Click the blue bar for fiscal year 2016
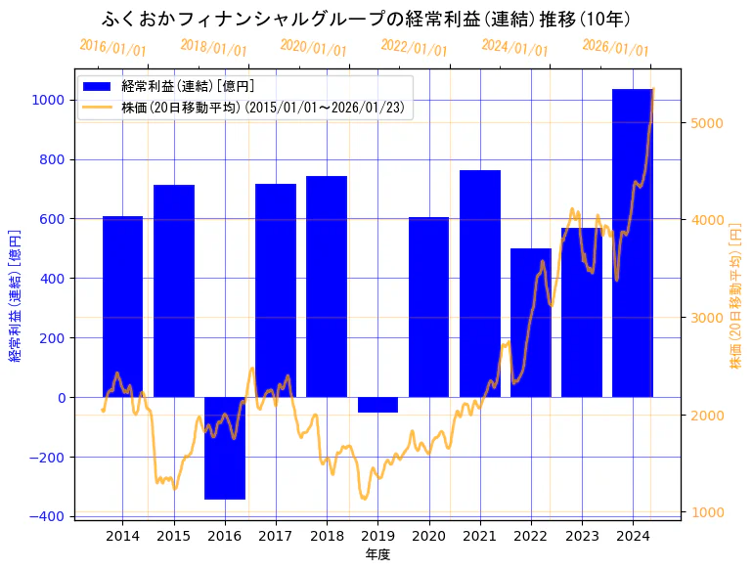[225, 448]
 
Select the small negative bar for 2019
[377, 405]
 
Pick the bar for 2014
[122, 306]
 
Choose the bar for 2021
[480, 284]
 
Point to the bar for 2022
[531, 323]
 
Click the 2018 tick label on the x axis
[327, 536]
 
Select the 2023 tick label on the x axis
[582, 536]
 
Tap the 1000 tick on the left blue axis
[47, 100]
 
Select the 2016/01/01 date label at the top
[112, 48]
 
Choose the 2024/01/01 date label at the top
[514, 48]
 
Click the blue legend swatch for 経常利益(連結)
[97, 87]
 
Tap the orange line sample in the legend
[97, 107]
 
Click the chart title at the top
[366, 20]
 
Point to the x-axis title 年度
[377, 554]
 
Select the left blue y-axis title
[15, 296]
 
